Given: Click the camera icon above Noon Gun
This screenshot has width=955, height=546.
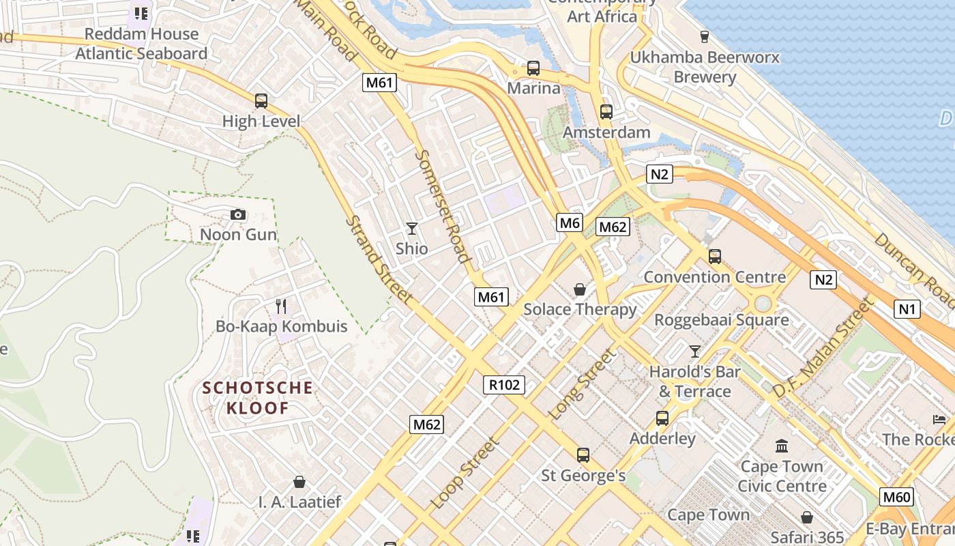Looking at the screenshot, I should click(x=238, y=215).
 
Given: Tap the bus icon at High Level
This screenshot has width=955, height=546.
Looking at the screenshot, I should click(x=261, y=101).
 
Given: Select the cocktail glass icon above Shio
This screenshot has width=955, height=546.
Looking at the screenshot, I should click(x=411, y=228).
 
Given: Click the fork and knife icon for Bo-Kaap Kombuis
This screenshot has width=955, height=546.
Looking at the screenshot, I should click(x=281, y=306).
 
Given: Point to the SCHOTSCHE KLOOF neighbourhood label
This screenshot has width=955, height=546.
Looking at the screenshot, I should click(x=258, y=398).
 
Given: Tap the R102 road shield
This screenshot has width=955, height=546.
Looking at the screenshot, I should click(x=505, y=384).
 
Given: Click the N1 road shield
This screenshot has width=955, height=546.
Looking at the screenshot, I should click(x=907, y=309).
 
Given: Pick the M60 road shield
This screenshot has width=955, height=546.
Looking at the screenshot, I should click(x=896, y=497).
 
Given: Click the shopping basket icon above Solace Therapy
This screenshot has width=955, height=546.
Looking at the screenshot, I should click(x=580, y=289).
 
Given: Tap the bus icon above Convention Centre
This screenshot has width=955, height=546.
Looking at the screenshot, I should click(x=714, y=257).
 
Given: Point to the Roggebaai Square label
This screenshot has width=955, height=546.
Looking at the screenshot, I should click(x=721, y=319).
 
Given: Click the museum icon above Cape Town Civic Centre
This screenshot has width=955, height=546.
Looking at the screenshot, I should click(x=782, y=446).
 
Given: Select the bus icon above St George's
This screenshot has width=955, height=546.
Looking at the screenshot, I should click(x=583, y=455).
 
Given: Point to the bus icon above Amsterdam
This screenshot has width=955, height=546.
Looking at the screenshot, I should click(x=606, y=112).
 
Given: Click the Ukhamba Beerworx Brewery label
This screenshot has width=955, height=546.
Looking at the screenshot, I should click(x=704, y=67).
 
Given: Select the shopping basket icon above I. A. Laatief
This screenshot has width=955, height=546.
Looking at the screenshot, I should click(x=299, y=482).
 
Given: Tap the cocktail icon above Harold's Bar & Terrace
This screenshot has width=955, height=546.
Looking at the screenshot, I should click(x=694, y=351).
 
